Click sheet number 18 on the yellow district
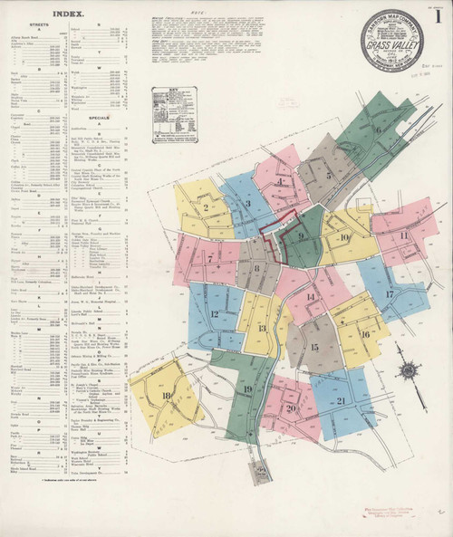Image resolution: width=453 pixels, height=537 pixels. [x=165, y=395]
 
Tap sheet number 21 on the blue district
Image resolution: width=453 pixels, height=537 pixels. [x=341, y=400]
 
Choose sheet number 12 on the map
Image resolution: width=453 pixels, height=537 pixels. [x=215, y=314]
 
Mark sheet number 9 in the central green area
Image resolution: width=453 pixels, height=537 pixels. [x=300, y=237]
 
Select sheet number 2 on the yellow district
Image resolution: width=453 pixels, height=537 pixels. [x=206, y=207]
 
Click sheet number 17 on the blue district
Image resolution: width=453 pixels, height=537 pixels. [x=389, y=294]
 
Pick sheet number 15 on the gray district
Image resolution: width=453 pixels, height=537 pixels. [x=314, y=347]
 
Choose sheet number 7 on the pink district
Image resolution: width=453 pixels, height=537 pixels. [x=210, y=257]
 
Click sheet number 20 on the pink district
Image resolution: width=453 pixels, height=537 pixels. [x=292, y=408]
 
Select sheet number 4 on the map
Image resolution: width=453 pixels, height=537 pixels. [x=282, y=181]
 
